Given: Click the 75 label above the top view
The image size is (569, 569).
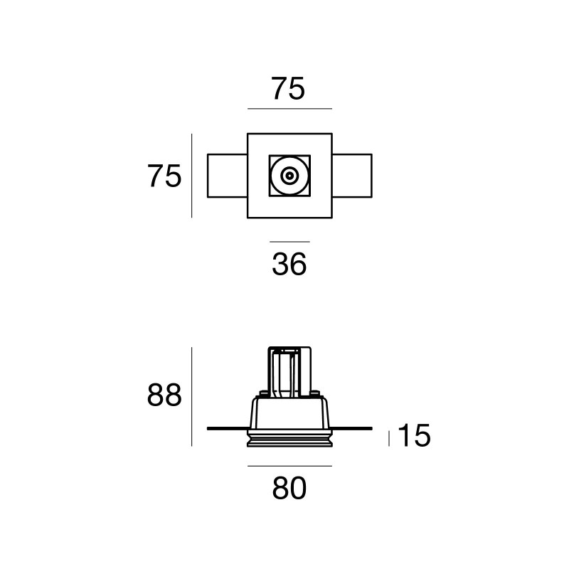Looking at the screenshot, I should coord(288,90).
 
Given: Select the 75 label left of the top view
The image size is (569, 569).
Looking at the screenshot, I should coord(164,176).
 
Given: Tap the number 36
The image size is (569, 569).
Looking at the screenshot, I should coord(289,265).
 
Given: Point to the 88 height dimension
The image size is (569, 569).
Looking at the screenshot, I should coord(164,395).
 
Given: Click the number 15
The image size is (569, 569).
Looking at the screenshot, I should coord(414,437).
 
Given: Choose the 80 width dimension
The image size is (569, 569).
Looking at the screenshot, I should coord(289,489).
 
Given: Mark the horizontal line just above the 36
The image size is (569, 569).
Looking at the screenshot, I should coord(289,243).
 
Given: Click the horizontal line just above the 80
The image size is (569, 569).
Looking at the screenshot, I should coord(289,467).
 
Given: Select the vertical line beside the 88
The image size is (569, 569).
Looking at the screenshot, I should coord(192,396).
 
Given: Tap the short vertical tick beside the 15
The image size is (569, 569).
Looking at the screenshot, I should coord(388,437).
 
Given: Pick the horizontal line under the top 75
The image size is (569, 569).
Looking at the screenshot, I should coord(289,109).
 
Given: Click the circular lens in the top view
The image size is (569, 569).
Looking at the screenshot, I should coord(289,175).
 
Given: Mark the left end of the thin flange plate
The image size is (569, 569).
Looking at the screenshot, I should coord(210,428).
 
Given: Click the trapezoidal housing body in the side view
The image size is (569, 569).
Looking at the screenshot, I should coord(289,413).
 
